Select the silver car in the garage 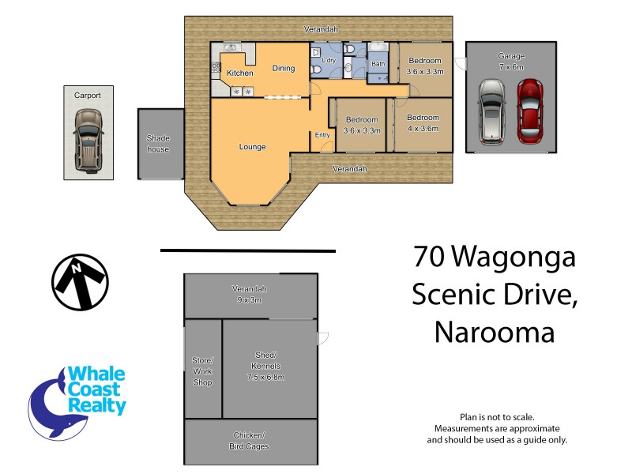491,112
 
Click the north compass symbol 80,283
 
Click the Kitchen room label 240,73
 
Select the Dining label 284,68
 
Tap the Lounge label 253,147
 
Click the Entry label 322,135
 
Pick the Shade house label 158,143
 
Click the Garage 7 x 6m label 511,62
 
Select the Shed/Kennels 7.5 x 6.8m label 265,366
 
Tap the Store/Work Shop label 203,371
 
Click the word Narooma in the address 495,331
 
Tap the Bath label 378,64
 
